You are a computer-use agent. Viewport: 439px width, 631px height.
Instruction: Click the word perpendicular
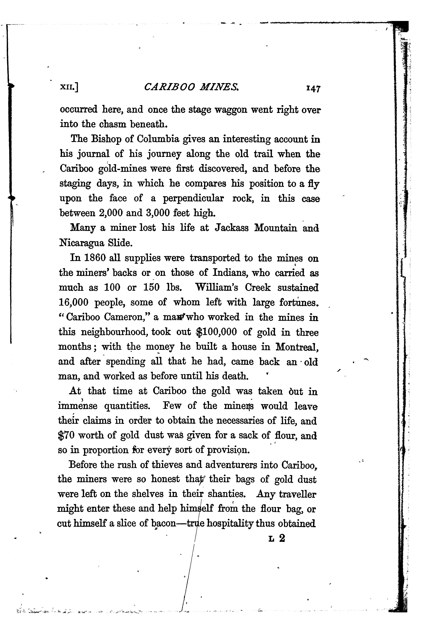tap(193, 198)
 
